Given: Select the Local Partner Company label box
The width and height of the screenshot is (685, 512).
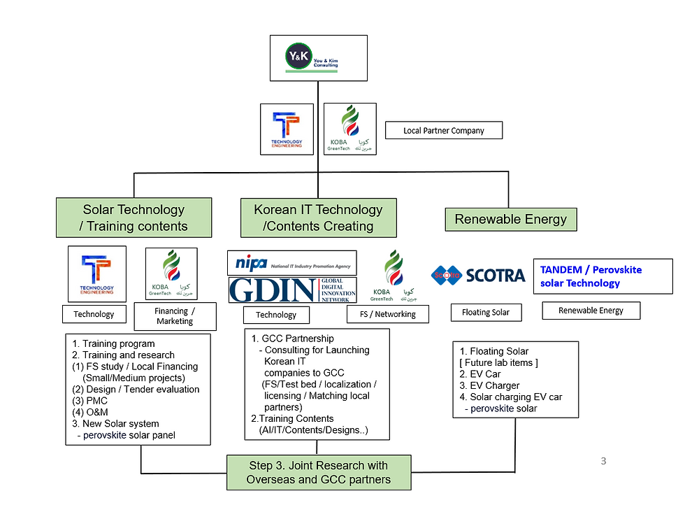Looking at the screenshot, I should [x=443, y=131].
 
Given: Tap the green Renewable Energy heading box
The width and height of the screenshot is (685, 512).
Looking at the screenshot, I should [x=510, y=219].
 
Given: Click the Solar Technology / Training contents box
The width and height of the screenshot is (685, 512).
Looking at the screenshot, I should [x=134, y=218].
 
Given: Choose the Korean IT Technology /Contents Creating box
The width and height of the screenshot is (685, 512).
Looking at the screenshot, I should [x=318, y=218].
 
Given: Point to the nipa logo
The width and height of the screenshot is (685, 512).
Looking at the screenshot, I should [x=291, y=263].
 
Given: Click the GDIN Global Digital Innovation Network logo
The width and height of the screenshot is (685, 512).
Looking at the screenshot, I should [x=291, y=290].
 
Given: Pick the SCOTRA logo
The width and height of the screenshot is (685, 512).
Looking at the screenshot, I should [x=478, y=276].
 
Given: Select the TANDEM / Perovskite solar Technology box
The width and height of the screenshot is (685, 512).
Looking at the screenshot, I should [x=603, y=276].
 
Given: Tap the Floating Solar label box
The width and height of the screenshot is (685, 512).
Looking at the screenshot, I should [x=485, y=312].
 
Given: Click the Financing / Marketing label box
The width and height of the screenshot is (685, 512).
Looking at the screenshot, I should [x=174, y=316].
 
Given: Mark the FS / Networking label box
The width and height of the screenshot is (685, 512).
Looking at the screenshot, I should [x=387, y=314].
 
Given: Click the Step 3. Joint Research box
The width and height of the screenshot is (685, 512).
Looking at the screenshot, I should [x=318, y=473].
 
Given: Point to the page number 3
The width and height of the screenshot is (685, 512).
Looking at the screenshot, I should [x=603, y=462].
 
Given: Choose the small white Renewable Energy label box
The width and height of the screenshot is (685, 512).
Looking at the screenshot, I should [x=591, y=310].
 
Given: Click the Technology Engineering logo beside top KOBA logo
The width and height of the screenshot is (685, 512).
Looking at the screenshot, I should [x=286, y=129].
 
